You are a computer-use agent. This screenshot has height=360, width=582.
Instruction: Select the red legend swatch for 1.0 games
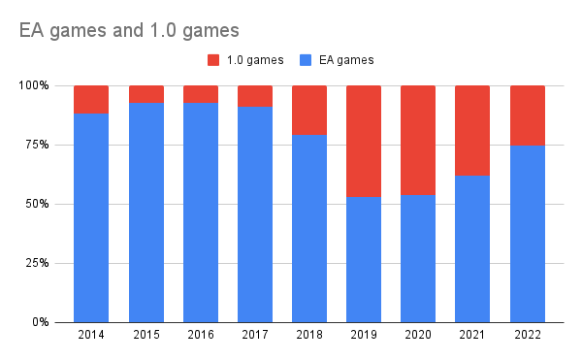[x=213, y=60]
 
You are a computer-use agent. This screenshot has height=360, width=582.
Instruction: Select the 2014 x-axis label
[x=91, y=335]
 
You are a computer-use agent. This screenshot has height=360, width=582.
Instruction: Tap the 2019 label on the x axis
[x=364, y=335]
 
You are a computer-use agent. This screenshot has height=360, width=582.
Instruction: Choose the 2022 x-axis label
[x=527, y=335]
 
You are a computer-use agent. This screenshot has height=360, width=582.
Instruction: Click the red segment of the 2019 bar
[x=364, y=141]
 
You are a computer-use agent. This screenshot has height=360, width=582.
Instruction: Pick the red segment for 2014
[x=91, y=99]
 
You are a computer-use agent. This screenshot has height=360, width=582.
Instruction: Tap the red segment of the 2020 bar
[x=418, y=140]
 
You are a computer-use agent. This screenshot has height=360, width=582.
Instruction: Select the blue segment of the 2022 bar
[x=527, y=233]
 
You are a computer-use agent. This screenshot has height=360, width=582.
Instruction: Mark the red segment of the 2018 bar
[x=309, y=110]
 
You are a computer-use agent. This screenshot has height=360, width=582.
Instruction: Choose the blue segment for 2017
[x=255, y=213]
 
